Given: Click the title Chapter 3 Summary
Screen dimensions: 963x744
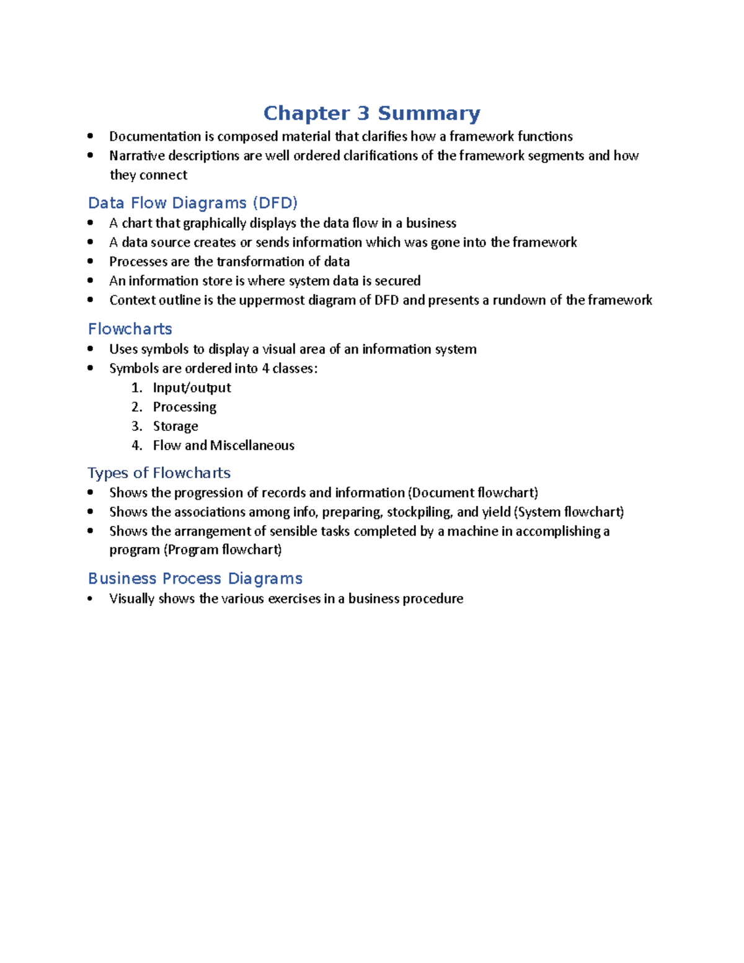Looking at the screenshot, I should pyautogui.click(x=371, y=113).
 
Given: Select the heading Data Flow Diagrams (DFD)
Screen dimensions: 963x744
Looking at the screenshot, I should pyautogui.click(x=193, y=203).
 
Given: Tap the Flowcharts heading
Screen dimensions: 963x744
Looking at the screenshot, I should pyautogui.click(x=130, y=329).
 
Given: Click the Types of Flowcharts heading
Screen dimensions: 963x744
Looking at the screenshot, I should pyautogui.click(x=159, y=473).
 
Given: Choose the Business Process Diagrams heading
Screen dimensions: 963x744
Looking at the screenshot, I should pyautogui.click(x=195, y=579).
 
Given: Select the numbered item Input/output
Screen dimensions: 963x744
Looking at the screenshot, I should pyautogui.click(x=192, y=388).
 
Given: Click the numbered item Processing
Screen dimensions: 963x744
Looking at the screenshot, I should pyautogui.click(x=184, y=407).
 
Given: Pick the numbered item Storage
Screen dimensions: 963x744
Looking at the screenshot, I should pyautogui.click(x=175, y=426).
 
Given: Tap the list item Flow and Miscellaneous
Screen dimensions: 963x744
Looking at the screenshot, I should pyautogui.click(x=223, y=445).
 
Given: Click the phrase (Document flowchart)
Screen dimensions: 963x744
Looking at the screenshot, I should pyautogui.click(x=472, y=493).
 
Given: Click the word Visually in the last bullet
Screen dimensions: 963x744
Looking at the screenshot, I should pyautogui.click(x=131, y=599).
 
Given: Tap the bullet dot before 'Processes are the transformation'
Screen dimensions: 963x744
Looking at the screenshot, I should pyautogui.click(x=91, y=261).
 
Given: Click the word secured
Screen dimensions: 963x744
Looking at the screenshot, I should pyautogui.click(x=397, y=281).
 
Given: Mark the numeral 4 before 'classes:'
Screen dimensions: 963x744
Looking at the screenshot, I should pyautogui.click(x=265, y=368).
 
